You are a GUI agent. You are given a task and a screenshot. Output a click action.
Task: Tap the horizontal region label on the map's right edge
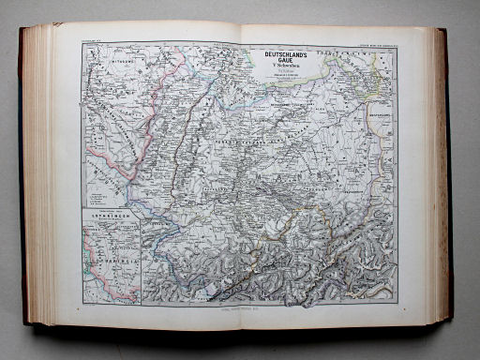[x=381, y=117]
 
